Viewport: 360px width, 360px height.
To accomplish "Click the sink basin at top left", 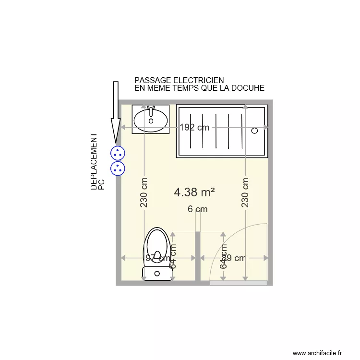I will pyautogui.click(x=151, y=120).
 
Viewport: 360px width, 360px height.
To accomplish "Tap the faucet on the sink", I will pyautogui.click(x=151, y=110).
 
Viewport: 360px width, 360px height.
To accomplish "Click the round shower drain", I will pyautogui.click(x=254, y=130).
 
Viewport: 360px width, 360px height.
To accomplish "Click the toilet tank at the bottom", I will pyautogui.click(x=157, y=274).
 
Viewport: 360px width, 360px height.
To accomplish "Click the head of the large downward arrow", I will pyautogui.click(x=115, y=135).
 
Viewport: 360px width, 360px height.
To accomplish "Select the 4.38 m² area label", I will pyautogui.click(x=194, y=192).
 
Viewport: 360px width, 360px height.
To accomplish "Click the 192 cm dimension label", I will pyautogui.click(x=195, y=128).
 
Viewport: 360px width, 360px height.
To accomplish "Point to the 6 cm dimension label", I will pyautogui.click(x=197, y=209).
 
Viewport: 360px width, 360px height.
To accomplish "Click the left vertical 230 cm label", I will pyautogui.click(x=144, y=192).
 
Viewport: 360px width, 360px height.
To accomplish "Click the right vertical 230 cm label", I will pyautogui.click(x=245, y=192).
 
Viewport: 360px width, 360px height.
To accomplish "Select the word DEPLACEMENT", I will pyautogui.click(x=94, y=162).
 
